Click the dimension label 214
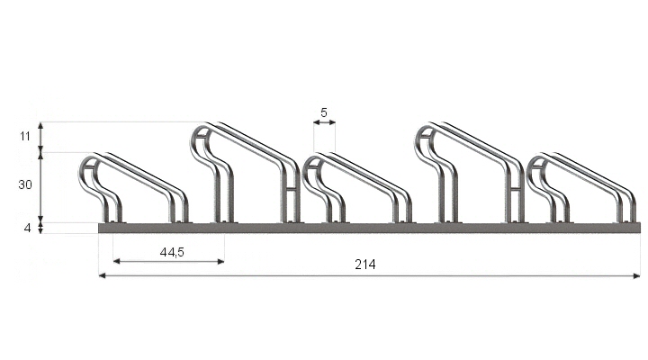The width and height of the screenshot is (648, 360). pyautogui.click(x=365, y=265)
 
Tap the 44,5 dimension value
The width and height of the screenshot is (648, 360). pyautogui.click(x=172, y=252)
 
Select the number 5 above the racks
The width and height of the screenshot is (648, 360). pyautogui.click(x=324, y=112)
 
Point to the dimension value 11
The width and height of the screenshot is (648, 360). pyautogui.click(x=25, y=136)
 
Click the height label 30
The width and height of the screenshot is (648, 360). pyautogui.click(x=25, y=184)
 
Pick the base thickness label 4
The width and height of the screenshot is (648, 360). pyautogui.click(x=27, y=228)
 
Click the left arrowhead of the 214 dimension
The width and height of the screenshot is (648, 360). pyautogui.click(x=103, y=275)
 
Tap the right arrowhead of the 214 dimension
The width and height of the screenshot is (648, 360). pyautogui.click(x=636, y=275)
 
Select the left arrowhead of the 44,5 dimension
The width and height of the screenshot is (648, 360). pyautogui.click(x=116, y=261)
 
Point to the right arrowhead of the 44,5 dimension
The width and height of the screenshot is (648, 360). pyautogui.click(x=220, y=261)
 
